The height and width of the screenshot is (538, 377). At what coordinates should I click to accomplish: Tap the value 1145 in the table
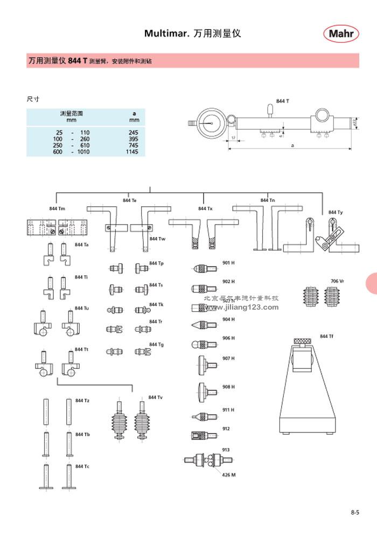(x=132, y=152)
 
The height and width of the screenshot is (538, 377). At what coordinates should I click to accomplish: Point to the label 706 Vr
(x=337, y=281)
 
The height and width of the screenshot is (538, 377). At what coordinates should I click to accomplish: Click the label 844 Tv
(x=157, y=397)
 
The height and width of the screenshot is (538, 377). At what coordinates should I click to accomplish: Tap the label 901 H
(x=228, y=263)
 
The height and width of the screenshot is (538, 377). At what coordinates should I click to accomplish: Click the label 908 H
(x=228, y=387)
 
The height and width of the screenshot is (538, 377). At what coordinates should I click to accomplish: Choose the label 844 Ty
(x=336, y=213)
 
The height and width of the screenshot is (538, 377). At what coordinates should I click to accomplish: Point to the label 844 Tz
(x=82, y=401)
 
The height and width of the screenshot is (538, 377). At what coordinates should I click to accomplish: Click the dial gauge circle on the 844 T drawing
(x=211, y=123)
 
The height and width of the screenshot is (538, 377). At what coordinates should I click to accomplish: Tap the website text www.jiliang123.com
(x=241, y=308)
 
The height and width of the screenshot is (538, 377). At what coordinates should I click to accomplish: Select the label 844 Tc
(x=82, y=466)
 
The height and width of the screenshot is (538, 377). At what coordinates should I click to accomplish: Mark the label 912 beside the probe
(x=226, y=429)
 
